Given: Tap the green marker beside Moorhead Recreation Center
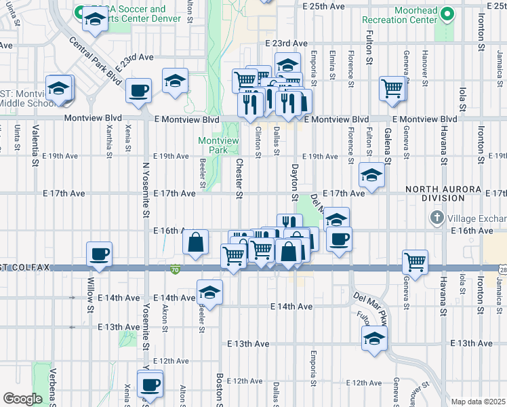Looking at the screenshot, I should point(447,14).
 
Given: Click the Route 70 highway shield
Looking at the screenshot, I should point(175,269).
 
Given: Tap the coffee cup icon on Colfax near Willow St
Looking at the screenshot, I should point(100,254).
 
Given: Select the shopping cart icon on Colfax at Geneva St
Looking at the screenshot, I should point(415,261).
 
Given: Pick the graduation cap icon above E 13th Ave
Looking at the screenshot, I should point(373,339).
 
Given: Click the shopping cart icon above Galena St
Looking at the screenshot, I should point(392,88).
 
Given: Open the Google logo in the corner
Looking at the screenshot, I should point(22,398).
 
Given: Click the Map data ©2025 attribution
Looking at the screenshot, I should point(477,402).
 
